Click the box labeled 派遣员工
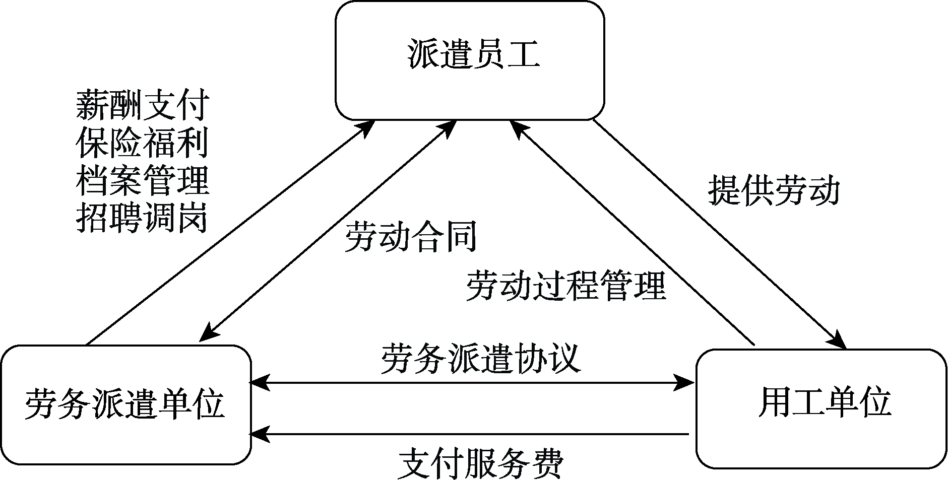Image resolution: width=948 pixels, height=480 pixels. click(470, 60)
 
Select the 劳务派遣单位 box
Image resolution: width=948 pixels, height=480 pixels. click(125, 404)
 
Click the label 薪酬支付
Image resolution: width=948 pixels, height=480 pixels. click(143, 105)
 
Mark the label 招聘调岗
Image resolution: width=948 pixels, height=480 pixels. click(143, 218)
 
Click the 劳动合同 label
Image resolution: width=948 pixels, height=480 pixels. click(411, 237)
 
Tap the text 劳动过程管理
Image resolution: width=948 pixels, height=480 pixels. click(565, 286)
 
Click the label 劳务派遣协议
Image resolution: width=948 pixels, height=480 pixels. click(481, 359)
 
